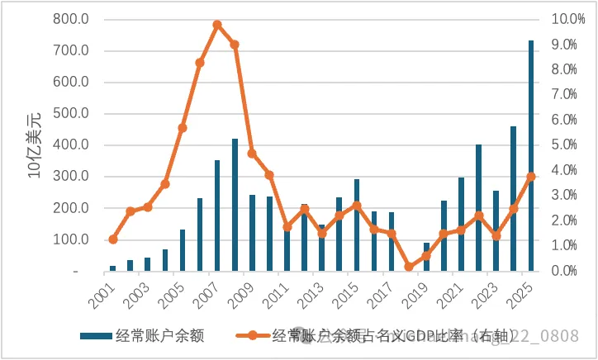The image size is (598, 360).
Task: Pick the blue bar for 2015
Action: (357, 225)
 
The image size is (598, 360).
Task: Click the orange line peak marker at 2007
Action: (217, 25)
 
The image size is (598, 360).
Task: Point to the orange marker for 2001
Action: (113, 239)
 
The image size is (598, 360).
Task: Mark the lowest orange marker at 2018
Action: (409, 267)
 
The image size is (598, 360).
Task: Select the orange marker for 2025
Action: (531, 177)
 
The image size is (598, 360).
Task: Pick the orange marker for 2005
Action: (183, 128)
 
